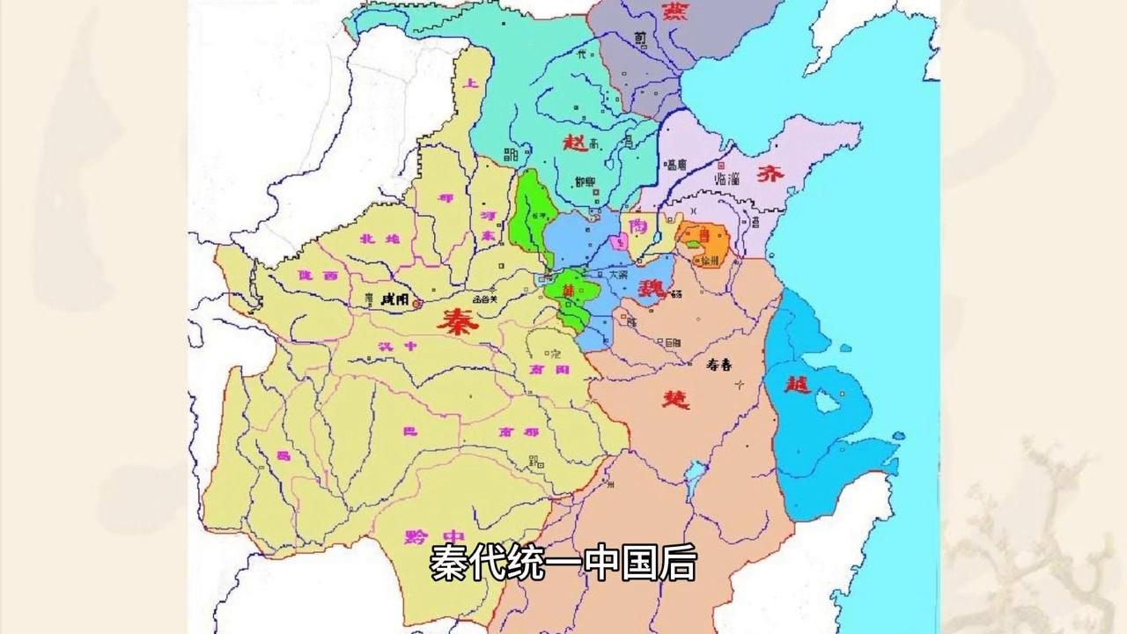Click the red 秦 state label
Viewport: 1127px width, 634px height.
pos(457,324)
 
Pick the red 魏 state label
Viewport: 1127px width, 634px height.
pos(652,286)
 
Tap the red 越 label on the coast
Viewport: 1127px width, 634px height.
pos(798,385)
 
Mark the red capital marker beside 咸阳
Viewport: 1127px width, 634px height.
pos(417,303)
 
